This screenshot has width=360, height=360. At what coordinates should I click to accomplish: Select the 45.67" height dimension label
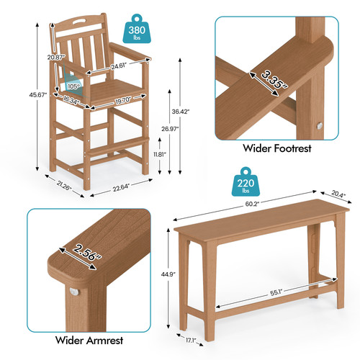[x=37, y=95]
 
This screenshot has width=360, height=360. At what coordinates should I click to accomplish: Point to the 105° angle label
[x=73, y=86]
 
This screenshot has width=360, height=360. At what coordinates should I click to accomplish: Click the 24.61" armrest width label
[x=119, y=66]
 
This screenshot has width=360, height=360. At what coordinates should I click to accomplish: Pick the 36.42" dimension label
[x=181, y=112]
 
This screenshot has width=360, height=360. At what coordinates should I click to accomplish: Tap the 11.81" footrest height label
[x=160, y=154]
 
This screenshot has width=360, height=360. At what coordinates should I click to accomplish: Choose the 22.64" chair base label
[x=121, y=187]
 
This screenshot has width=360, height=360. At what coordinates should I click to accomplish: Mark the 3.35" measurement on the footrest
[x=274, y=80]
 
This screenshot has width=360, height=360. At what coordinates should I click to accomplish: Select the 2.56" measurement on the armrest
[x=87, y=252]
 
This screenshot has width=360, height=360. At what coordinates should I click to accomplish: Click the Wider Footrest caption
[x=277, y=148]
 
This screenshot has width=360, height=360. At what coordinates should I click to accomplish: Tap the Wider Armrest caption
[x=89, y=340]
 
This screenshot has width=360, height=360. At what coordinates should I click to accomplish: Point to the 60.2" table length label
[x=252, y=204]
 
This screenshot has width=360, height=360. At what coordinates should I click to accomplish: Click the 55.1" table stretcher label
[x=276, y=292]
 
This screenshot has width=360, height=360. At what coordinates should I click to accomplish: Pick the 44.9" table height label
[x=168, y=274]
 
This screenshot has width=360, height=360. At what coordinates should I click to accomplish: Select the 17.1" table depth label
[x=191, y=340]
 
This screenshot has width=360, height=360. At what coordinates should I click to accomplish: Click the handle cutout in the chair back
[x=81, y=21]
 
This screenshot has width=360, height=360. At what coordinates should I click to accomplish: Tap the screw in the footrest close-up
[x=319, y=126]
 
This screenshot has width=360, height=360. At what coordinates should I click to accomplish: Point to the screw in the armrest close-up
[x=74, y=292]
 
